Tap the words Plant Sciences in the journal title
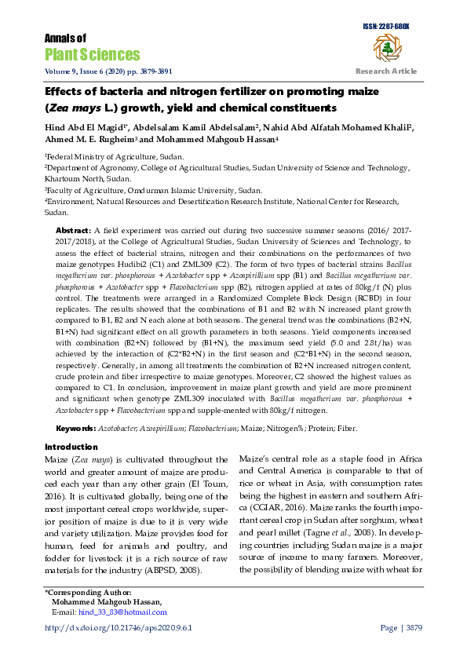92,54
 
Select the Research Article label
386,71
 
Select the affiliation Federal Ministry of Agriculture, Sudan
115,157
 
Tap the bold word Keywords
75,429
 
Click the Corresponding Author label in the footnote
88,592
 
